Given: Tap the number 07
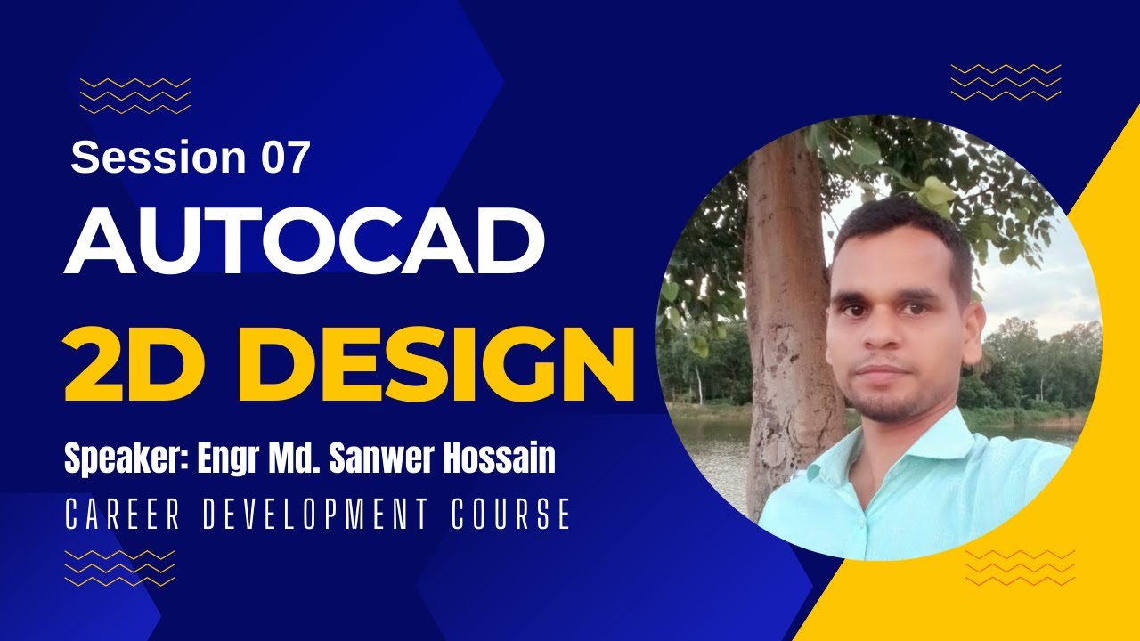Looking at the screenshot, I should point(285,158).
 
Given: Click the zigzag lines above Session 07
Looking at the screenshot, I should point(135,96).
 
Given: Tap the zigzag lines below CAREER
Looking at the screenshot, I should point(120,567).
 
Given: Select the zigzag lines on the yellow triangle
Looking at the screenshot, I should point(1020,567).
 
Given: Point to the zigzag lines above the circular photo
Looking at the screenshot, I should point(1006,82).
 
